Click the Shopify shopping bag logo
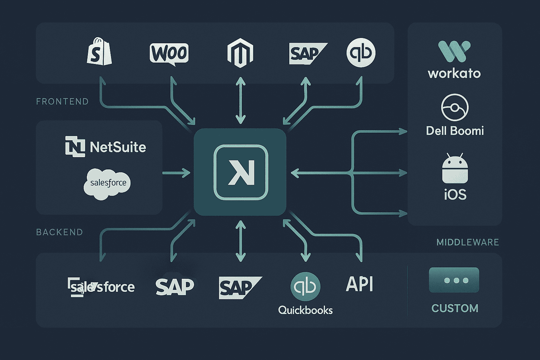coord(99,53)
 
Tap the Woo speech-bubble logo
coord(169,54)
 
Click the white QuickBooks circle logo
coord(361,53)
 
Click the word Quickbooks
coord(305,310)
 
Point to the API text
coord(359,284)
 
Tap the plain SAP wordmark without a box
coord(175,287)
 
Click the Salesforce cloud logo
coord(107,184)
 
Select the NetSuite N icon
coord(75,146)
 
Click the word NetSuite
coord(118,147)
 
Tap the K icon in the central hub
coord(241,172)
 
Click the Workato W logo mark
coord(454,51)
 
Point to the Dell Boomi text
coord(455,131)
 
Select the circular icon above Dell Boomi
coord(455,107)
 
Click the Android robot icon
coord(455,169)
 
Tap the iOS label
coord(455,194)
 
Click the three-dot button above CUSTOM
coord(454,280)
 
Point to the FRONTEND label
coord(62,102)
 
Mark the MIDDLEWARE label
coord(468,242)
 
